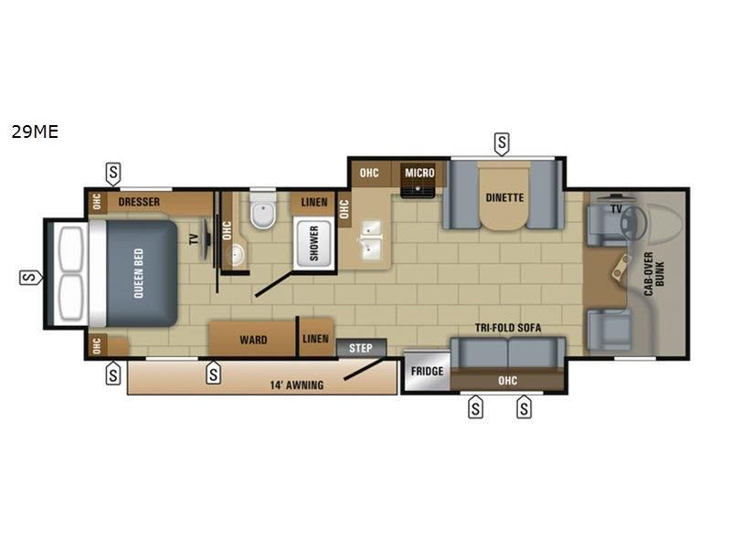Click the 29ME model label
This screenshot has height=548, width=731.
tap(35, 132)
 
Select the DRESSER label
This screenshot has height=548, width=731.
tap(139, 202)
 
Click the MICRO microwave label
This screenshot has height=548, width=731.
tap(420, 173)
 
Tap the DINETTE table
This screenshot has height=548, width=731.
tap(503, 196)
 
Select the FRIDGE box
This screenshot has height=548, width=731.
tap(426, 372)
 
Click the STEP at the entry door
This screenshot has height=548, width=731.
tap(361, 348)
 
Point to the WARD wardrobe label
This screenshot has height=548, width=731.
tap(253, 340)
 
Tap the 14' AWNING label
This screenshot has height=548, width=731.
tap(298, 385)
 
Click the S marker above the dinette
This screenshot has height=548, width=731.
tap(502, 142)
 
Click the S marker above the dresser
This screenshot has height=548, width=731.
tap(113, 173)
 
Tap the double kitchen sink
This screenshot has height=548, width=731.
tap(373, 240)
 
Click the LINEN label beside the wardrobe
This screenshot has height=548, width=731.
tap(315, 339)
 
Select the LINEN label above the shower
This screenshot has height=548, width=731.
tap(313, 202)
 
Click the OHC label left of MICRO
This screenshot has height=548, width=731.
tap(369, 173)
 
